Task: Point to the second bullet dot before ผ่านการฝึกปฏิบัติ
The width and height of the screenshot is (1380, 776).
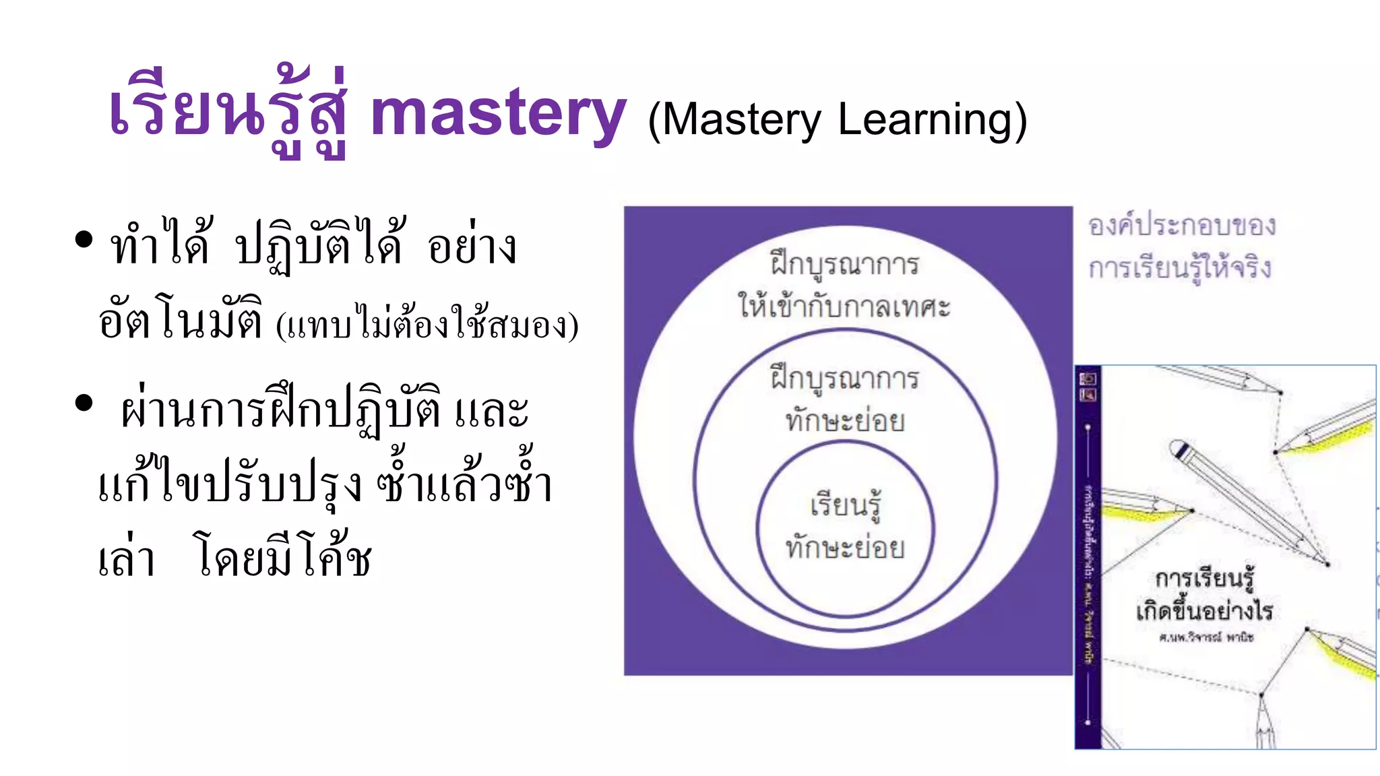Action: [84, 403]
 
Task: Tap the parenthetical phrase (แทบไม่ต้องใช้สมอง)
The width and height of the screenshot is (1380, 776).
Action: [427, 326]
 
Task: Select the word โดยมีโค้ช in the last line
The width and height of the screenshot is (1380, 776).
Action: [283, 556]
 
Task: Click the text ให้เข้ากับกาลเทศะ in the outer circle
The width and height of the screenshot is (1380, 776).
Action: [844, 306]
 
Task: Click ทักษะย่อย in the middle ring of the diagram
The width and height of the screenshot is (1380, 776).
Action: [845, 421]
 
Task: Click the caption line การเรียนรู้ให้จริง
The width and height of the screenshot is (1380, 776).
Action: [1180, 268]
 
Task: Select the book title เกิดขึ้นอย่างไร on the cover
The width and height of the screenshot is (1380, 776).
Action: [1204, 611]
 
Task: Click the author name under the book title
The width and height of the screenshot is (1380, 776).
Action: [1205, 637]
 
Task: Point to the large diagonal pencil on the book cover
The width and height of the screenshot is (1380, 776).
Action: [1247, 502]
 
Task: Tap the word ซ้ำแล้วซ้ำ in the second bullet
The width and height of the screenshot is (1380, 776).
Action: [464, 482]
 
